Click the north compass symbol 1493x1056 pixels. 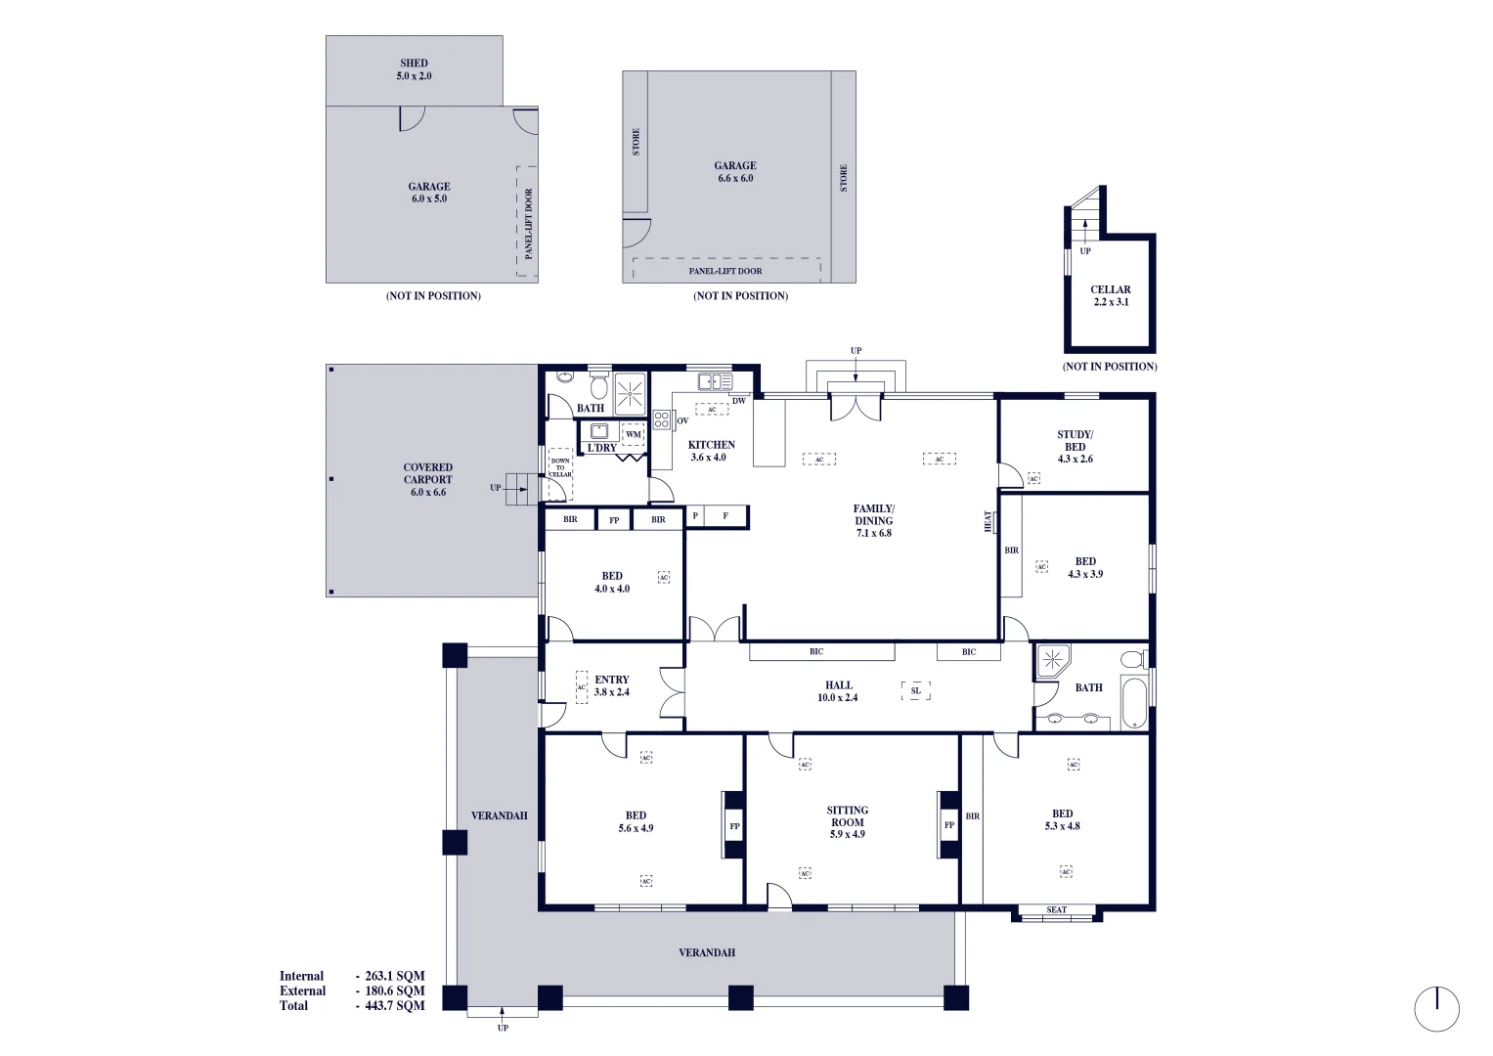(x=1436, y=1008)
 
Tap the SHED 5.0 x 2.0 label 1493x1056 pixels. (x=414, y=69)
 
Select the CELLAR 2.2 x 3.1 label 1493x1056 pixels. (x=1110, y=295)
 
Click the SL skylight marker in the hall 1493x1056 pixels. (x=915, y=691)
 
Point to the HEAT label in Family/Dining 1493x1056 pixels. (x=988, y=522)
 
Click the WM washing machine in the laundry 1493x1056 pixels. (x=633, y=434)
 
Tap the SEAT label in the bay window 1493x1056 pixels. (x=1056, y=910)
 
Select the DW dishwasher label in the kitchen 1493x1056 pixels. (x=738, y=401)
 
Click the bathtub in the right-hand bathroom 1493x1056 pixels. (x=1133, y=703)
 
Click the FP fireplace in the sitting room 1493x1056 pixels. (x=947, y=825)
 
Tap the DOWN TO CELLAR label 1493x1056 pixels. (x=560, y=467)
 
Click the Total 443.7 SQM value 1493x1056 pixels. (x=394, y=1005)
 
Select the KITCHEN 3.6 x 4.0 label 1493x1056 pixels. (x=711, y=451)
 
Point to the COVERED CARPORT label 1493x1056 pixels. (x=428, y=479)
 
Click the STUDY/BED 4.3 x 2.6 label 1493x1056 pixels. (x=1075, y=446)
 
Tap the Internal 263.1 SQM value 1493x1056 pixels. (x=394, y=976)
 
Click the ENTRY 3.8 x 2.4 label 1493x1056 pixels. (x=611, y=685)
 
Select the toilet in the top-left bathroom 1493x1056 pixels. (x=598, y=385)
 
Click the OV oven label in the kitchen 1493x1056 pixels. (x=681, y=420)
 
